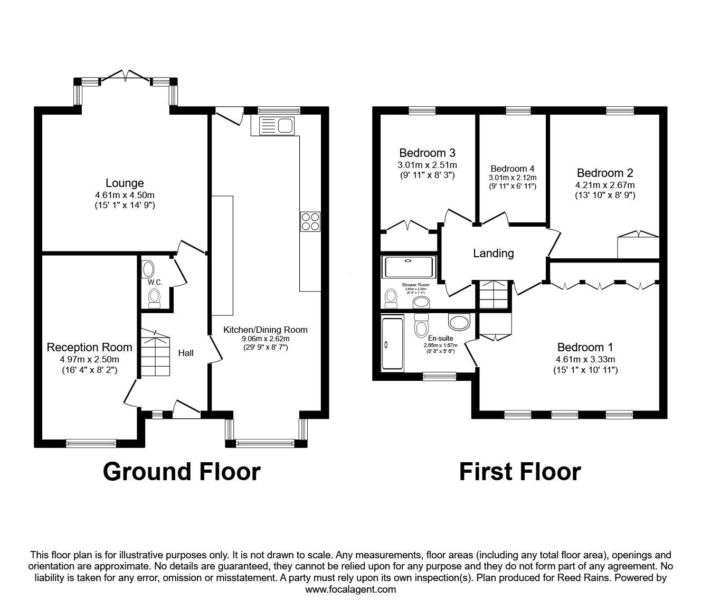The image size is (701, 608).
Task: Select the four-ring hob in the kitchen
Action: [310, 221]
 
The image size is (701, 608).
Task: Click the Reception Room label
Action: [89, 347]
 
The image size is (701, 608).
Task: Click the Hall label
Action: [185, 352]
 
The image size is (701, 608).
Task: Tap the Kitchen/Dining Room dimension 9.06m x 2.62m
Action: [265, 339]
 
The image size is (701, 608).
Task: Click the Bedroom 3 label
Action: [427, 153]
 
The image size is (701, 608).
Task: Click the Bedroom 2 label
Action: [605, 173]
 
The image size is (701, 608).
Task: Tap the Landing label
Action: [493, 254]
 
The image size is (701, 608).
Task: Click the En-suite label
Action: [440, 339]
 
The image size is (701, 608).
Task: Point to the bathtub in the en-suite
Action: [392, 343]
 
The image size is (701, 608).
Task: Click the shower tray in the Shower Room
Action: [409, 267]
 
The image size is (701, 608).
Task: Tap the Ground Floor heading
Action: [182, 471]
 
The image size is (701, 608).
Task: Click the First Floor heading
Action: [519, 471]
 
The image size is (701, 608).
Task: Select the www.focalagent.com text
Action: [350, 590]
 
